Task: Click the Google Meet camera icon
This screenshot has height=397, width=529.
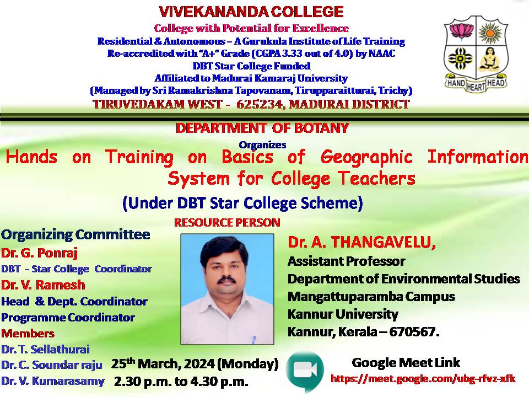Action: (x=305, y=371)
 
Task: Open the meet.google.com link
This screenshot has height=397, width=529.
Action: (x=423, y=378)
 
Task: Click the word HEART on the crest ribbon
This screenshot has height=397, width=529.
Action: (x=476, y=87)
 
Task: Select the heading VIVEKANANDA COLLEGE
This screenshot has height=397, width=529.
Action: (x=251, y=12)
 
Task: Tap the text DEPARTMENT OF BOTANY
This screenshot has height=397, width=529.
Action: (x=262, y=128)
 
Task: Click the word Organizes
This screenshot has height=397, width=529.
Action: (x=262, y=145)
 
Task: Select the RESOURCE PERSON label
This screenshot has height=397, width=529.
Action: (x=227, y=222)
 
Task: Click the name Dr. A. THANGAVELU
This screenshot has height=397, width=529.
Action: (x=361, y=242)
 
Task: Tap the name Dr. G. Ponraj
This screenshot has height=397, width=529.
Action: (x=40, y=253)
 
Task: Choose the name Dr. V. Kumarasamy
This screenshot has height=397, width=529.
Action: (x=53, y=381)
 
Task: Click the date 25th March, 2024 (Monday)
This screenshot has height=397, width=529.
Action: (x=195, y=363)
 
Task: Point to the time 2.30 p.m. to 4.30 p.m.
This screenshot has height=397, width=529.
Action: (x=181, y=382)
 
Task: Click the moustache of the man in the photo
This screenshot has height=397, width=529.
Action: (x=226, y=280)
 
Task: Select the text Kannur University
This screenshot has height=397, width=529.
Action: (x=343, y=314)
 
